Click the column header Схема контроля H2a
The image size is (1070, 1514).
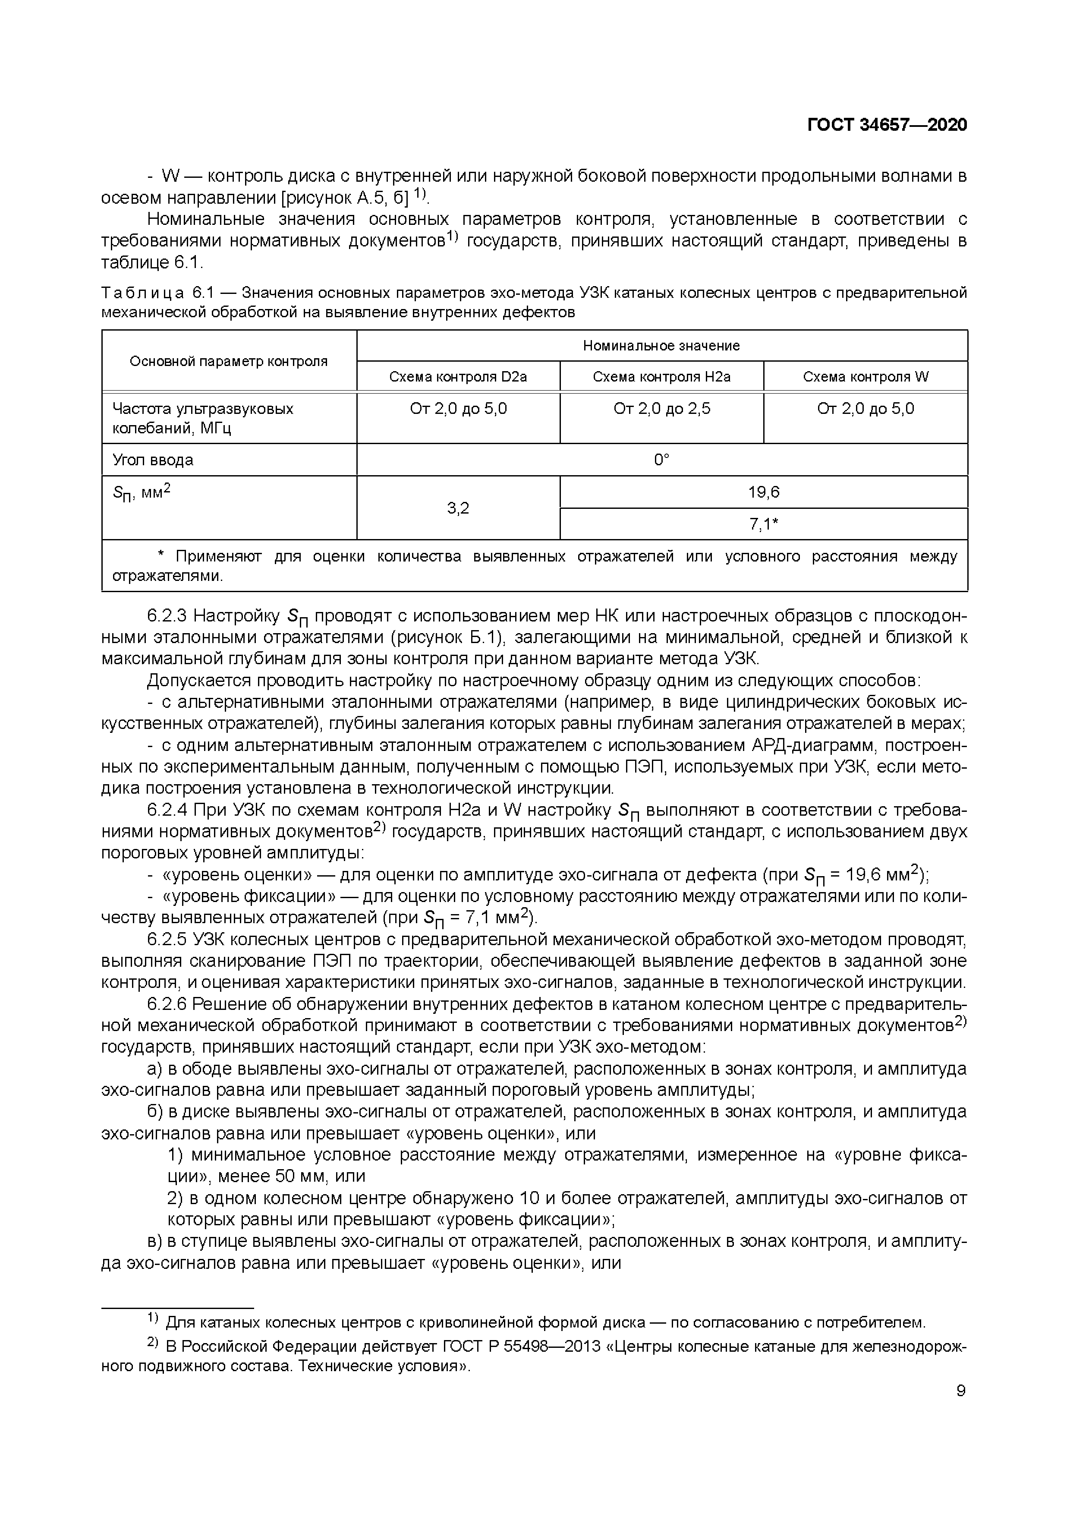[x=661, y=376]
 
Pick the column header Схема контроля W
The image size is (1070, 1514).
[x=865, y=376]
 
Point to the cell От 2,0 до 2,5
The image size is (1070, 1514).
[x=661, y=409]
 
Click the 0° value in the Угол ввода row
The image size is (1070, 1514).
[x=661, y=460]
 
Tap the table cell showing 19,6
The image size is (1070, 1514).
[x=763, y=492]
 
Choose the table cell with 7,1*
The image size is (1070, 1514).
[x=763, y=524]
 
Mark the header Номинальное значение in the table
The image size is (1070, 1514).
[x=661, y=346]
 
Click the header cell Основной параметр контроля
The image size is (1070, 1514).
[x=228, y=361]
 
